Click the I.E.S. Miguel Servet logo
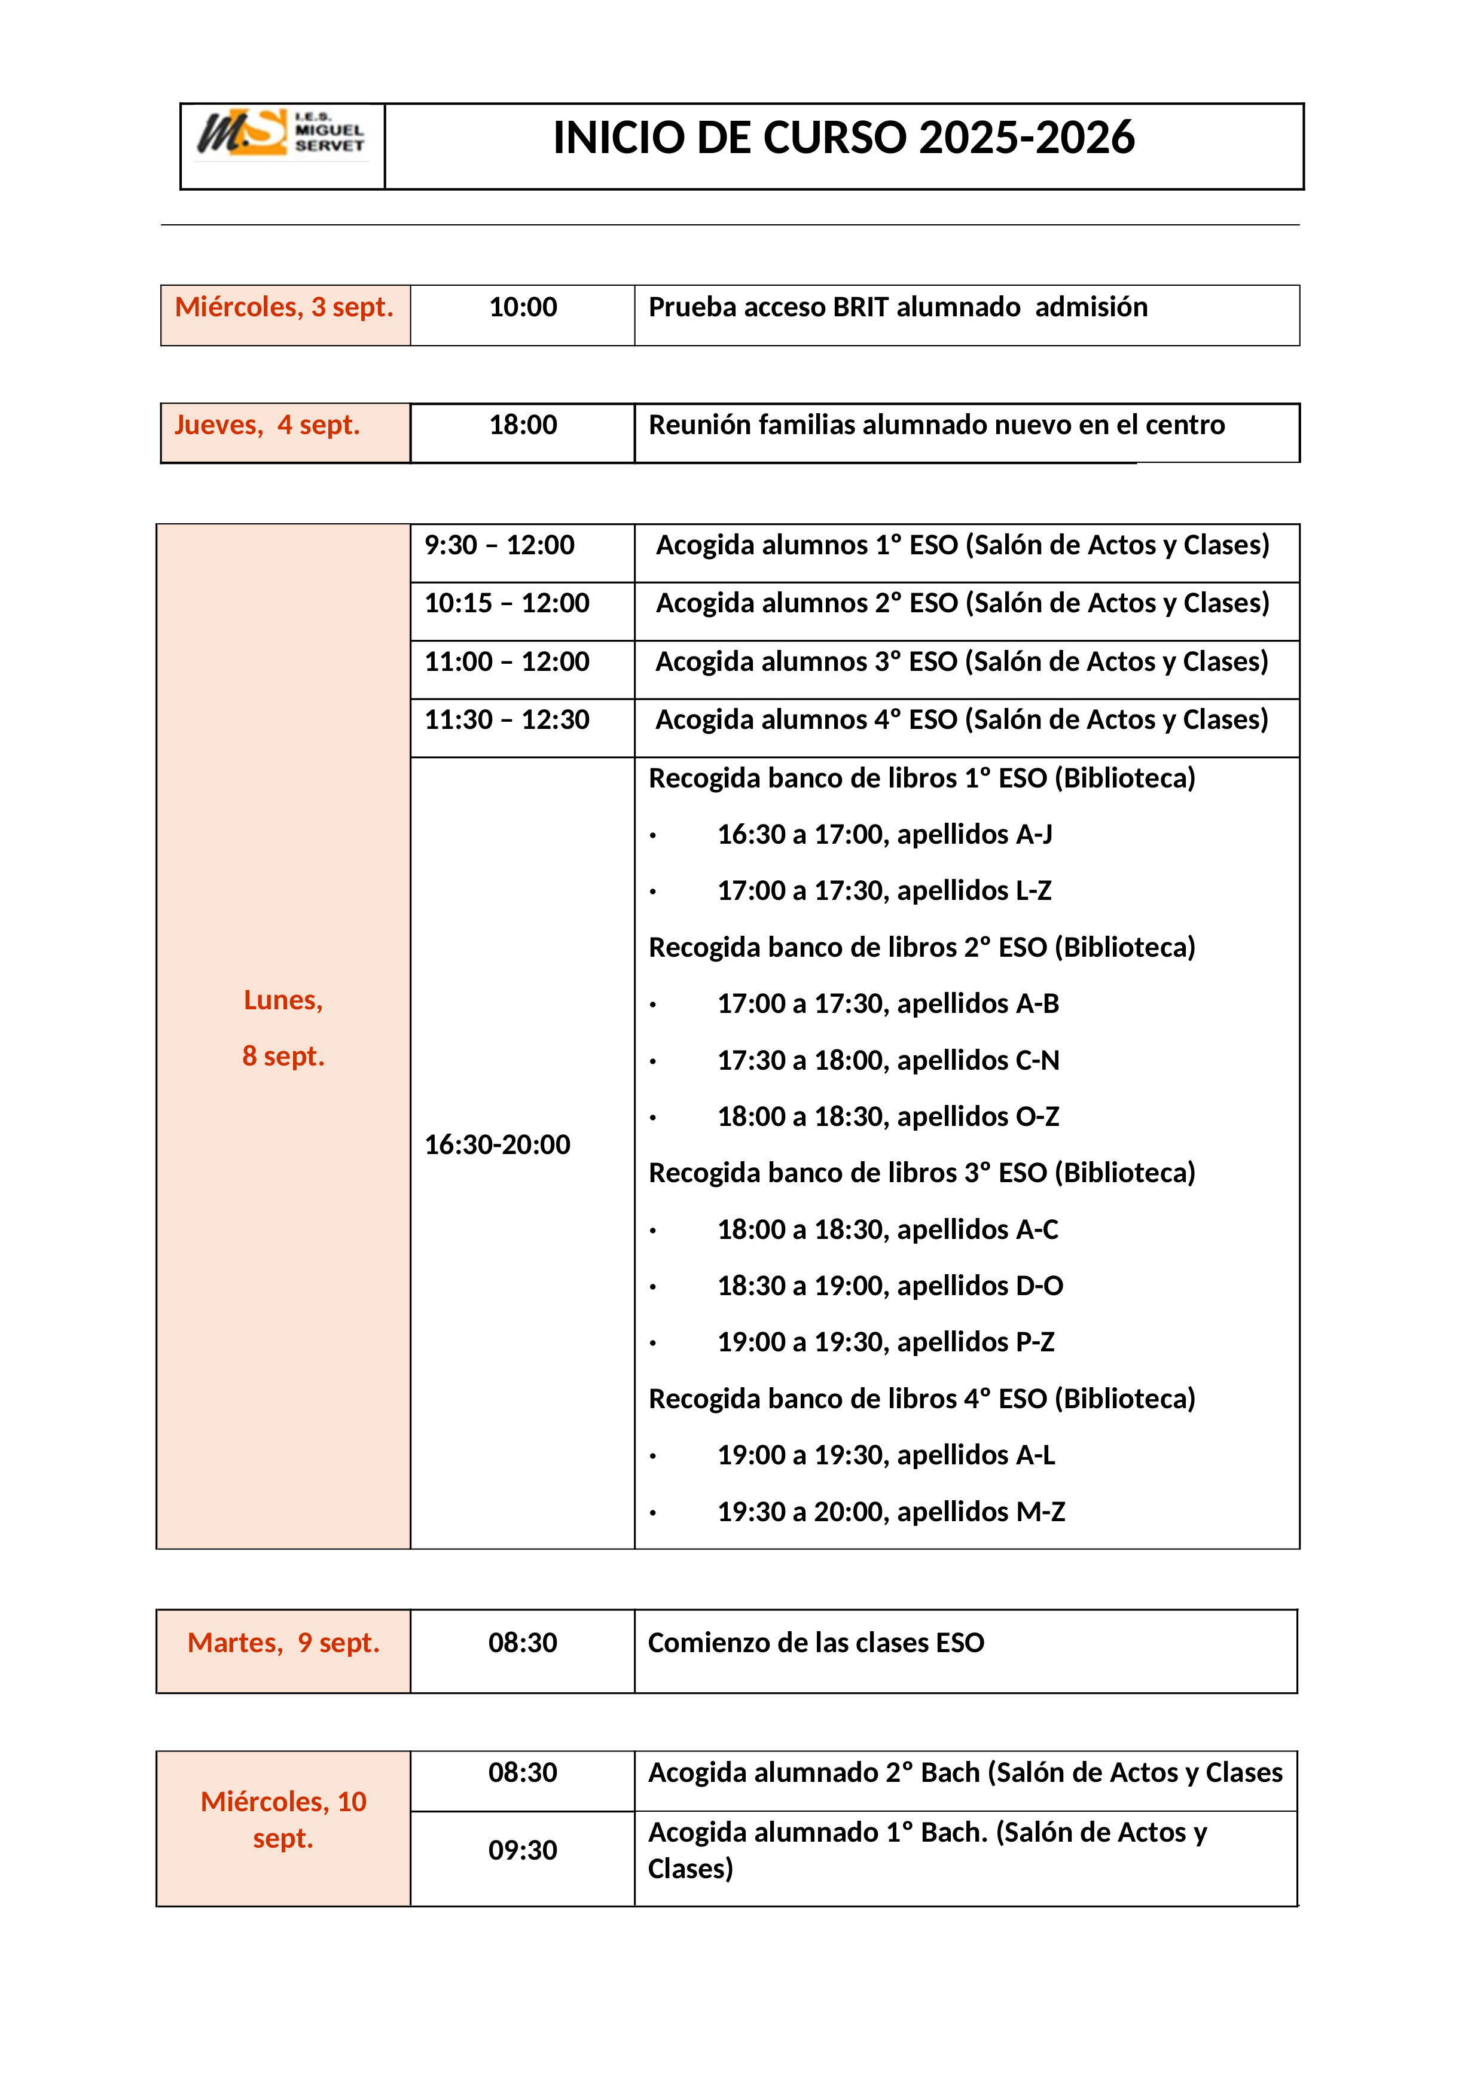tap(281, 133)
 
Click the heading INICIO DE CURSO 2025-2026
tap(844, 139)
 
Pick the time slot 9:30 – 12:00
tap(499, 545)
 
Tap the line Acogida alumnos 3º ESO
tap(962, 662)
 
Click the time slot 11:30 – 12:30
tap(507, 721)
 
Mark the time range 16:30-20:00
tap(498, 1145)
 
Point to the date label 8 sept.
tap(283, 1057)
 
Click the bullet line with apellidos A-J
tap(884, 835)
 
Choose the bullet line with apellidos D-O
tap(889, 1287)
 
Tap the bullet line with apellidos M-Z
tap(890, 1512)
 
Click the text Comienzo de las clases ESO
tap(816, 1643)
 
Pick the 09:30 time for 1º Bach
tap(522, 1851)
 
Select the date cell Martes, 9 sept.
tap(283, 1643)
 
